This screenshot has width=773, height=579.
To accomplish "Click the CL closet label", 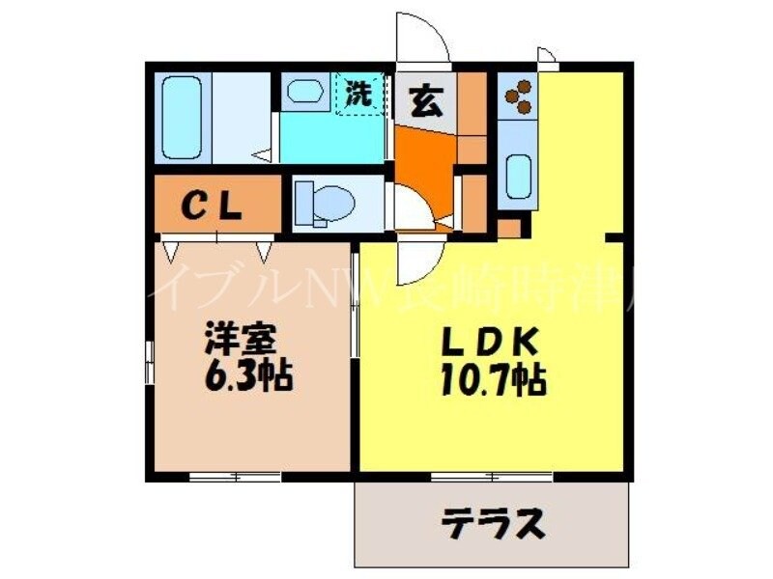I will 215,206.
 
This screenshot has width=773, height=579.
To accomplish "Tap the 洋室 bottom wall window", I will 235,476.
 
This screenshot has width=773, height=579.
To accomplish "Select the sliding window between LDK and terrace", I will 492,476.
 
